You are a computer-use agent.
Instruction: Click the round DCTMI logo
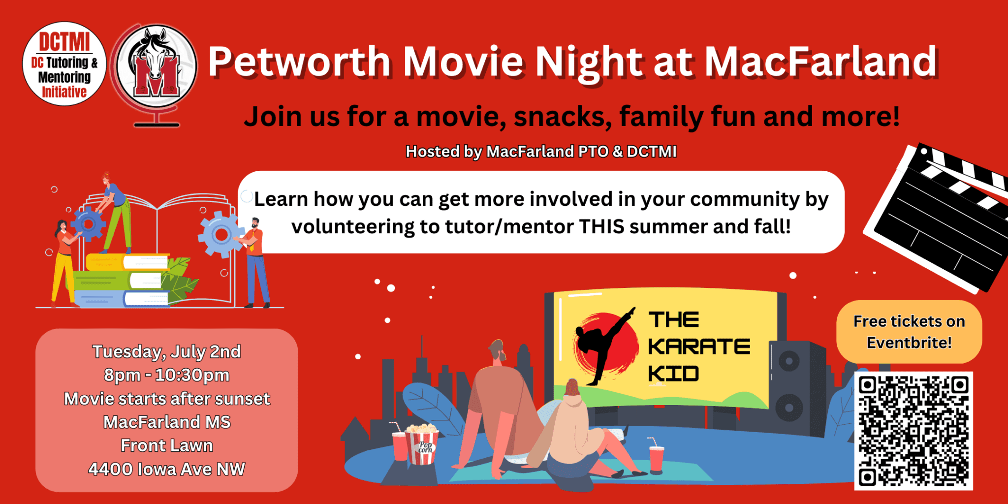click(x=64, y=64)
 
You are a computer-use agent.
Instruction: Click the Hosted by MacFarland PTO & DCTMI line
click(x=541, y=152)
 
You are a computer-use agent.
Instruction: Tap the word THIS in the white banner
click(x=601, y=227)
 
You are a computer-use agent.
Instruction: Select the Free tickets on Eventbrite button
click(x=909, y=332)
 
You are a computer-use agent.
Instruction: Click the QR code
click(x=913, y=431)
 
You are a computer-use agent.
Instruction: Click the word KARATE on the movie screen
click(x=699, y=346)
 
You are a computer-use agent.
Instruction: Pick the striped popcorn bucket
click(x=422, y=445)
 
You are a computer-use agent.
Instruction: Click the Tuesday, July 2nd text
click(x=167, y=352)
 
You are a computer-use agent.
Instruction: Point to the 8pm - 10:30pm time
click(x=167, y=375)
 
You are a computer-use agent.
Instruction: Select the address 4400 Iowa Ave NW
click(x=167, y=469)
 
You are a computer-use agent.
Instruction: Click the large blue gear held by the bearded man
click(x=221, y=235)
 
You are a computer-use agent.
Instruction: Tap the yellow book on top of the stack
click(x=127, y=262)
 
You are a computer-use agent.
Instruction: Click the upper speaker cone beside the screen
click(x=788, y=361)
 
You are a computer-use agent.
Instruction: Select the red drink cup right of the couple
click(x=657, y=458)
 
